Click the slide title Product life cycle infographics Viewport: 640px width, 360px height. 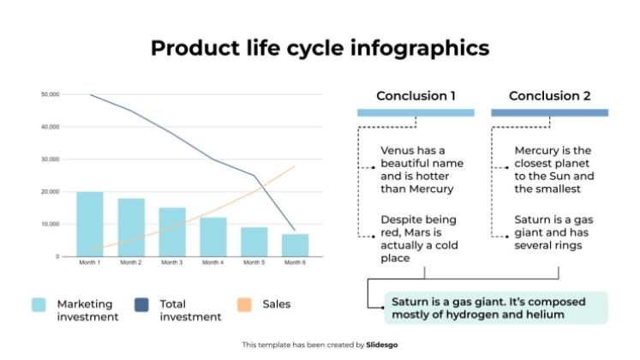320,47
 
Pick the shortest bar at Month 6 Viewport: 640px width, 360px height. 295,245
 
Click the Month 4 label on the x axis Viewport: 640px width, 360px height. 212,262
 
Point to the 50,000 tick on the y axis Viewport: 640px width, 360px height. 50,94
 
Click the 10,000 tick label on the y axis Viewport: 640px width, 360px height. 50,224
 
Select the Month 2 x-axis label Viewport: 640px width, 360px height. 131,262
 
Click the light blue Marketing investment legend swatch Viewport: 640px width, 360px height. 39,304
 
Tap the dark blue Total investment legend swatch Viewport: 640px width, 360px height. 142,304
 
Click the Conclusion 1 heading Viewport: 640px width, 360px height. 416,96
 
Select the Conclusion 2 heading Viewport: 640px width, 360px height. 549,96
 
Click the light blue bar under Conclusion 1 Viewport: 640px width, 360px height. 416,112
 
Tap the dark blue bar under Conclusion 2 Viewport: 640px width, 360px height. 549,112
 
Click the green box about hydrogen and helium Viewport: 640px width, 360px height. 489,308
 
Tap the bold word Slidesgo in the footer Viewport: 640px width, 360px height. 383,345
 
